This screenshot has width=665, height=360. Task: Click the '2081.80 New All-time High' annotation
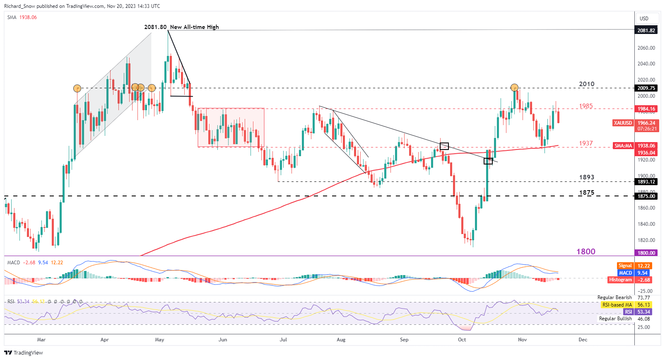[x=181, y=27]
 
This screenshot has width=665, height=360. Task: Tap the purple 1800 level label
[x=585, y=251]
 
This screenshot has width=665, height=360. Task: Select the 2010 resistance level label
[x=586, y=84]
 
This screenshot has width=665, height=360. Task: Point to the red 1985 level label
[x=585, y=106]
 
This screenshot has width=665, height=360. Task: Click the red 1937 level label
[x=585, y=143]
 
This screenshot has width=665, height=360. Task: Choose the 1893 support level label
[x=586, y=177]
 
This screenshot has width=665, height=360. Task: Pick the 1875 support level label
[x=586, y=193]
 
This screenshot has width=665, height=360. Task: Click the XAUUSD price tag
[x=623, y=123]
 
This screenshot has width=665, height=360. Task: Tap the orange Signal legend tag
[x=625, y=266]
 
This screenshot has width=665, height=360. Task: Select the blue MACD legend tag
[x=625, y=273]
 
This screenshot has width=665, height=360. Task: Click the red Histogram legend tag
[x=620, y=280]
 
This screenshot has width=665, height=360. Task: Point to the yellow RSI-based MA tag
[x=617, y=305]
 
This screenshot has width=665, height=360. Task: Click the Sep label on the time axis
[x=404, y=340]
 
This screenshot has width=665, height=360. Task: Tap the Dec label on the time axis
[x=583, y=340]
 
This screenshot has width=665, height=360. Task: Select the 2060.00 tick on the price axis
[x=646, y=48]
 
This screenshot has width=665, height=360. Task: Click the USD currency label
[x=644, y=18]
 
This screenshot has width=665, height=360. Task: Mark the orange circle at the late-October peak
[x=514, y=87]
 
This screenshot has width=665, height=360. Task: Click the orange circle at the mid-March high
[x=77, y=88]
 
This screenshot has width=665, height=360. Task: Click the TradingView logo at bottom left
[x=24, y=353]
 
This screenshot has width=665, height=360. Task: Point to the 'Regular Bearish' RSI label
[x=614, y=297]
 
